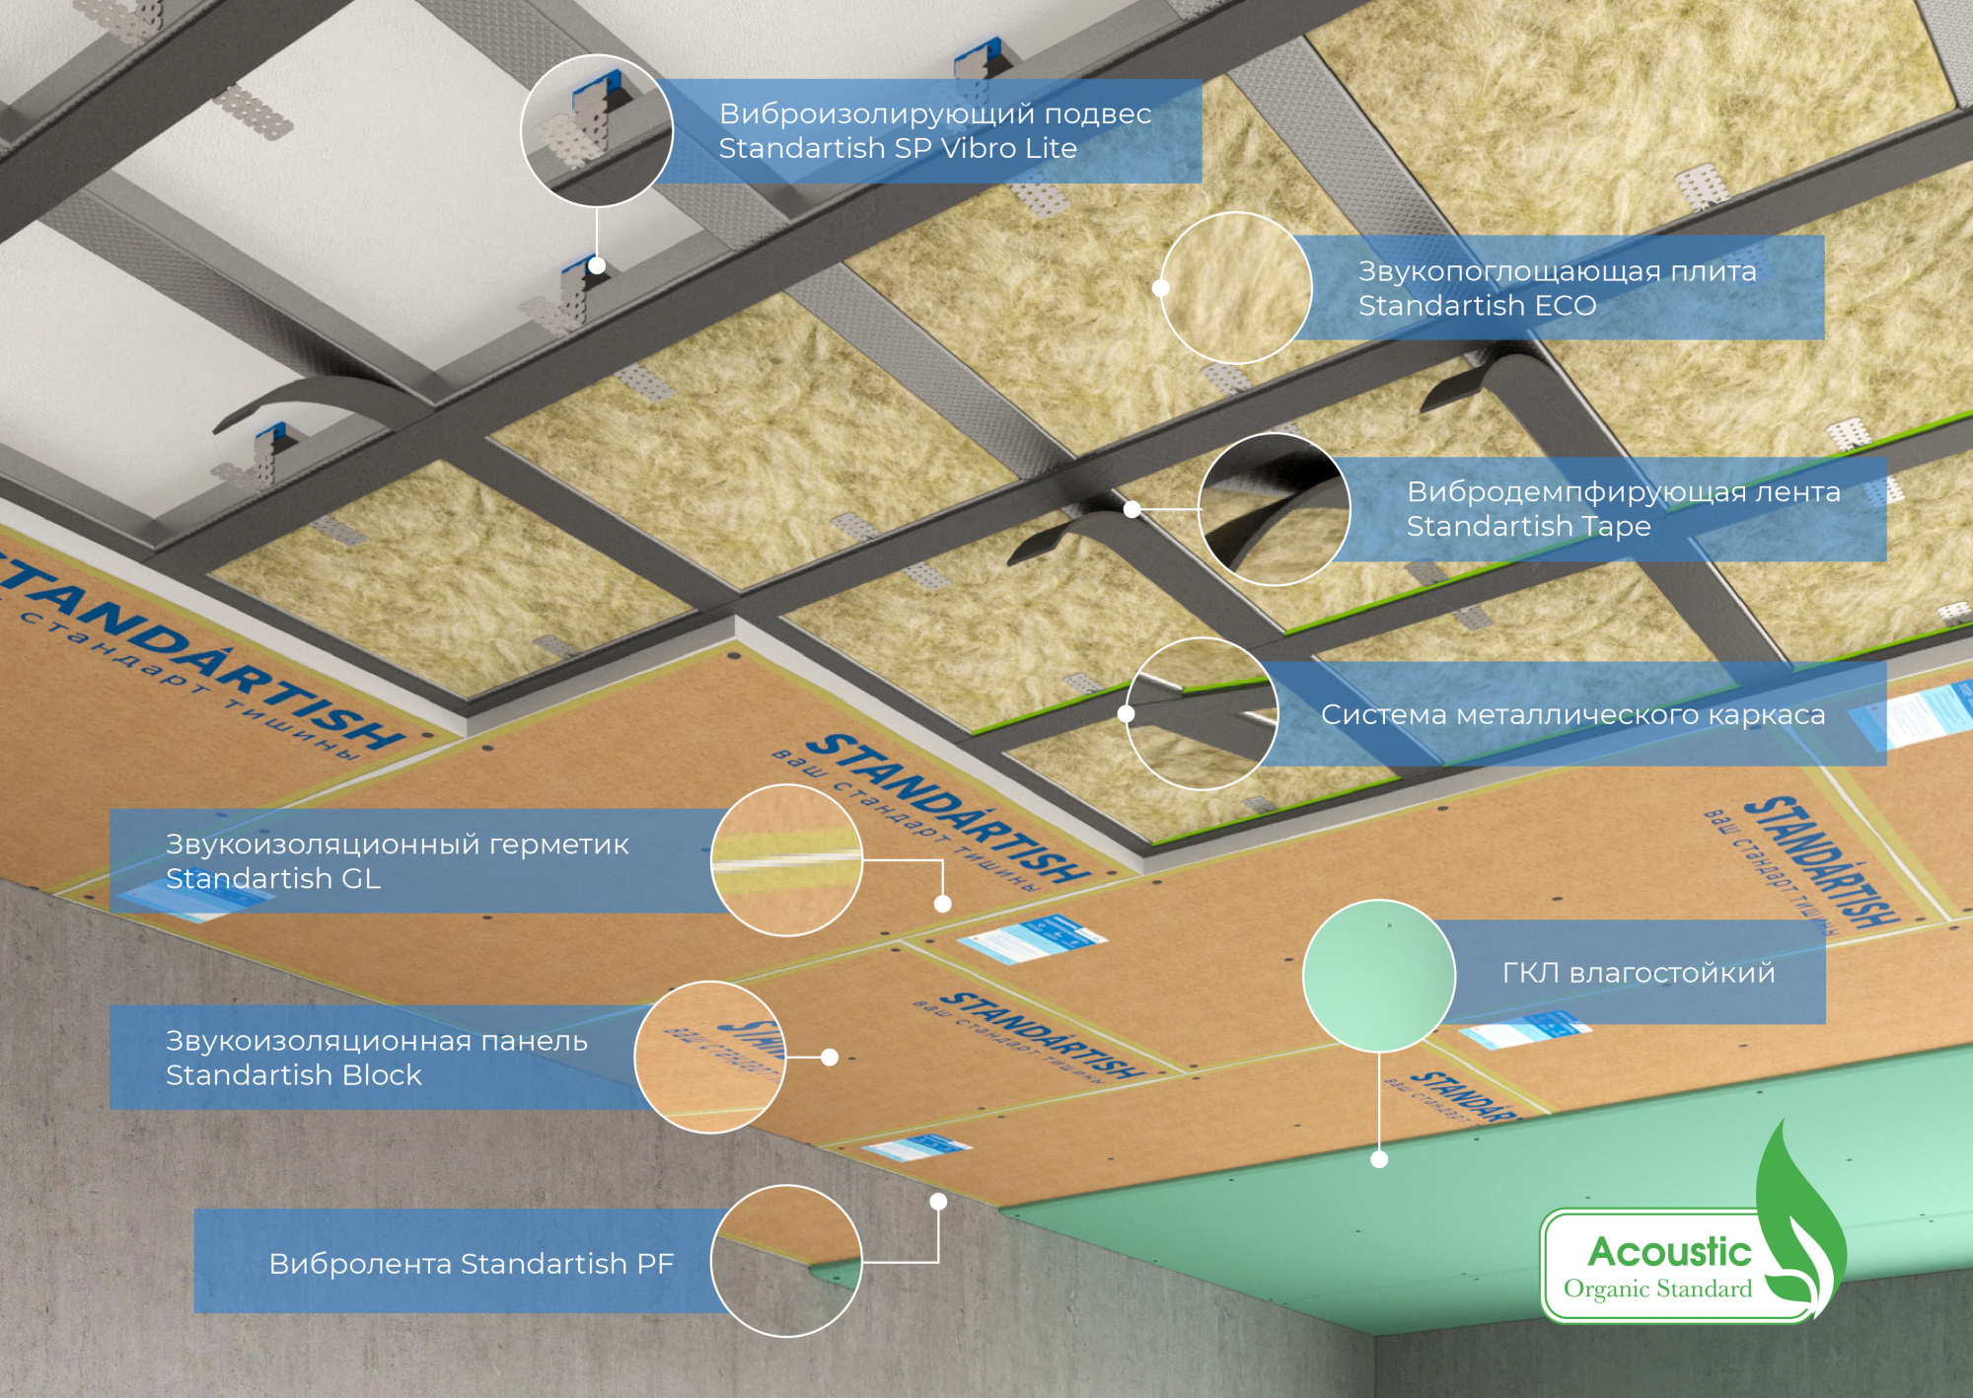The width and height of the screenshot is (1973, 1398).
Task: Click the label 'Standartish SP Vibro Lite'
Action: (897, 149)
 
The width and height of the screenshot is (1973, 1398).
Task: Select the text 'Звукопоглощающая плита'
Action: (1557, 271)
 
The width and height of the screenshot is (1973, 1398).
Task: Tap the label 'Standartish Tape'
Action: (1528, 527)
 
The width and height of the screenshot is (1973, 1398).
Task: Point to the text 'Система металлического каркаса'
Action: (1572, 715)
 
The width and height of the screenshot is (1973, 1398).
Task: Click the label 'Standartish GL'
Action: (272, 879)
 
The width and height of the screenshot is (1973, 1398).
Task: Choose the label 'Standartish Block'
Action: (293, 1075)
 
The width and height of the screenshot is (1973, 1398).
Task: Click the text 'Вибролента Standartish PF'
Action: (471, 1264)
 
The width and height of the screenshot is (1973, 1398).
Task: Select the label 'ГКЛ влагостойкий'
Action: (1638, 974)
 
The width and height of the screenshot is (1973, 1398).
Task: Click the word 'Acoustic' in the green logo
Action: (1669, 1252)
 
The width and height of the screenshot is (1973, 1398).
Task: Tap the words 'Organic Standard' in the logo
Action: (1657, 1289)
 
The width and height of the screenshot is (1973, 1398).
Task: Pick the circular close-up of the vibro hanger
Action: (597, 130)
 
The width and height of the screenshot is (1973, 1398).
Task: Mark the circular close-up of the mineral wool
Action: (1236, 288)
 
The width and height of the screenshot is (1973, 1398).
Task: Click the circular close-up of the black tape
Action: (1275, 509)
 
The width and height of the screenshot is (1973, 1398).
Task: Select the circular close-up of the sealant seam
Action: (786, 860)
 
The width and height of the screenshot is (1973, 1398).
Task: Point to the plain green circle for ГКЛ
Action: (1378, 975)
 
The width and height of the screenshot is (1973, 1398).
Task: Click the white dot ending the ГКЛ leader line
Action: (1379, 1159)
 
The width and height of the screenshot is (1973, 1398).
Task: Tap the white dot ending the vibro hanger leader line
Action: (597, 265)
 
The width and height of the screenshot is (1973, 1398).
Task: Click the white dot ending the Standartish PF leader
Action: (938, 1202)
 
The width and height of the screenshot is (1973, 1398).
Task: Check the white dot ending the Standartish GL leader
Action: (942, 904)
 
